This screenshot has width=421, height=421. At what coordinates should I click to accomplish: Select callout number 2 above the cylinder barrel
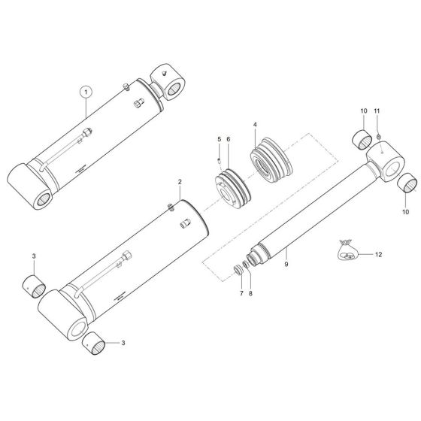click(x=180, y=182)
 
